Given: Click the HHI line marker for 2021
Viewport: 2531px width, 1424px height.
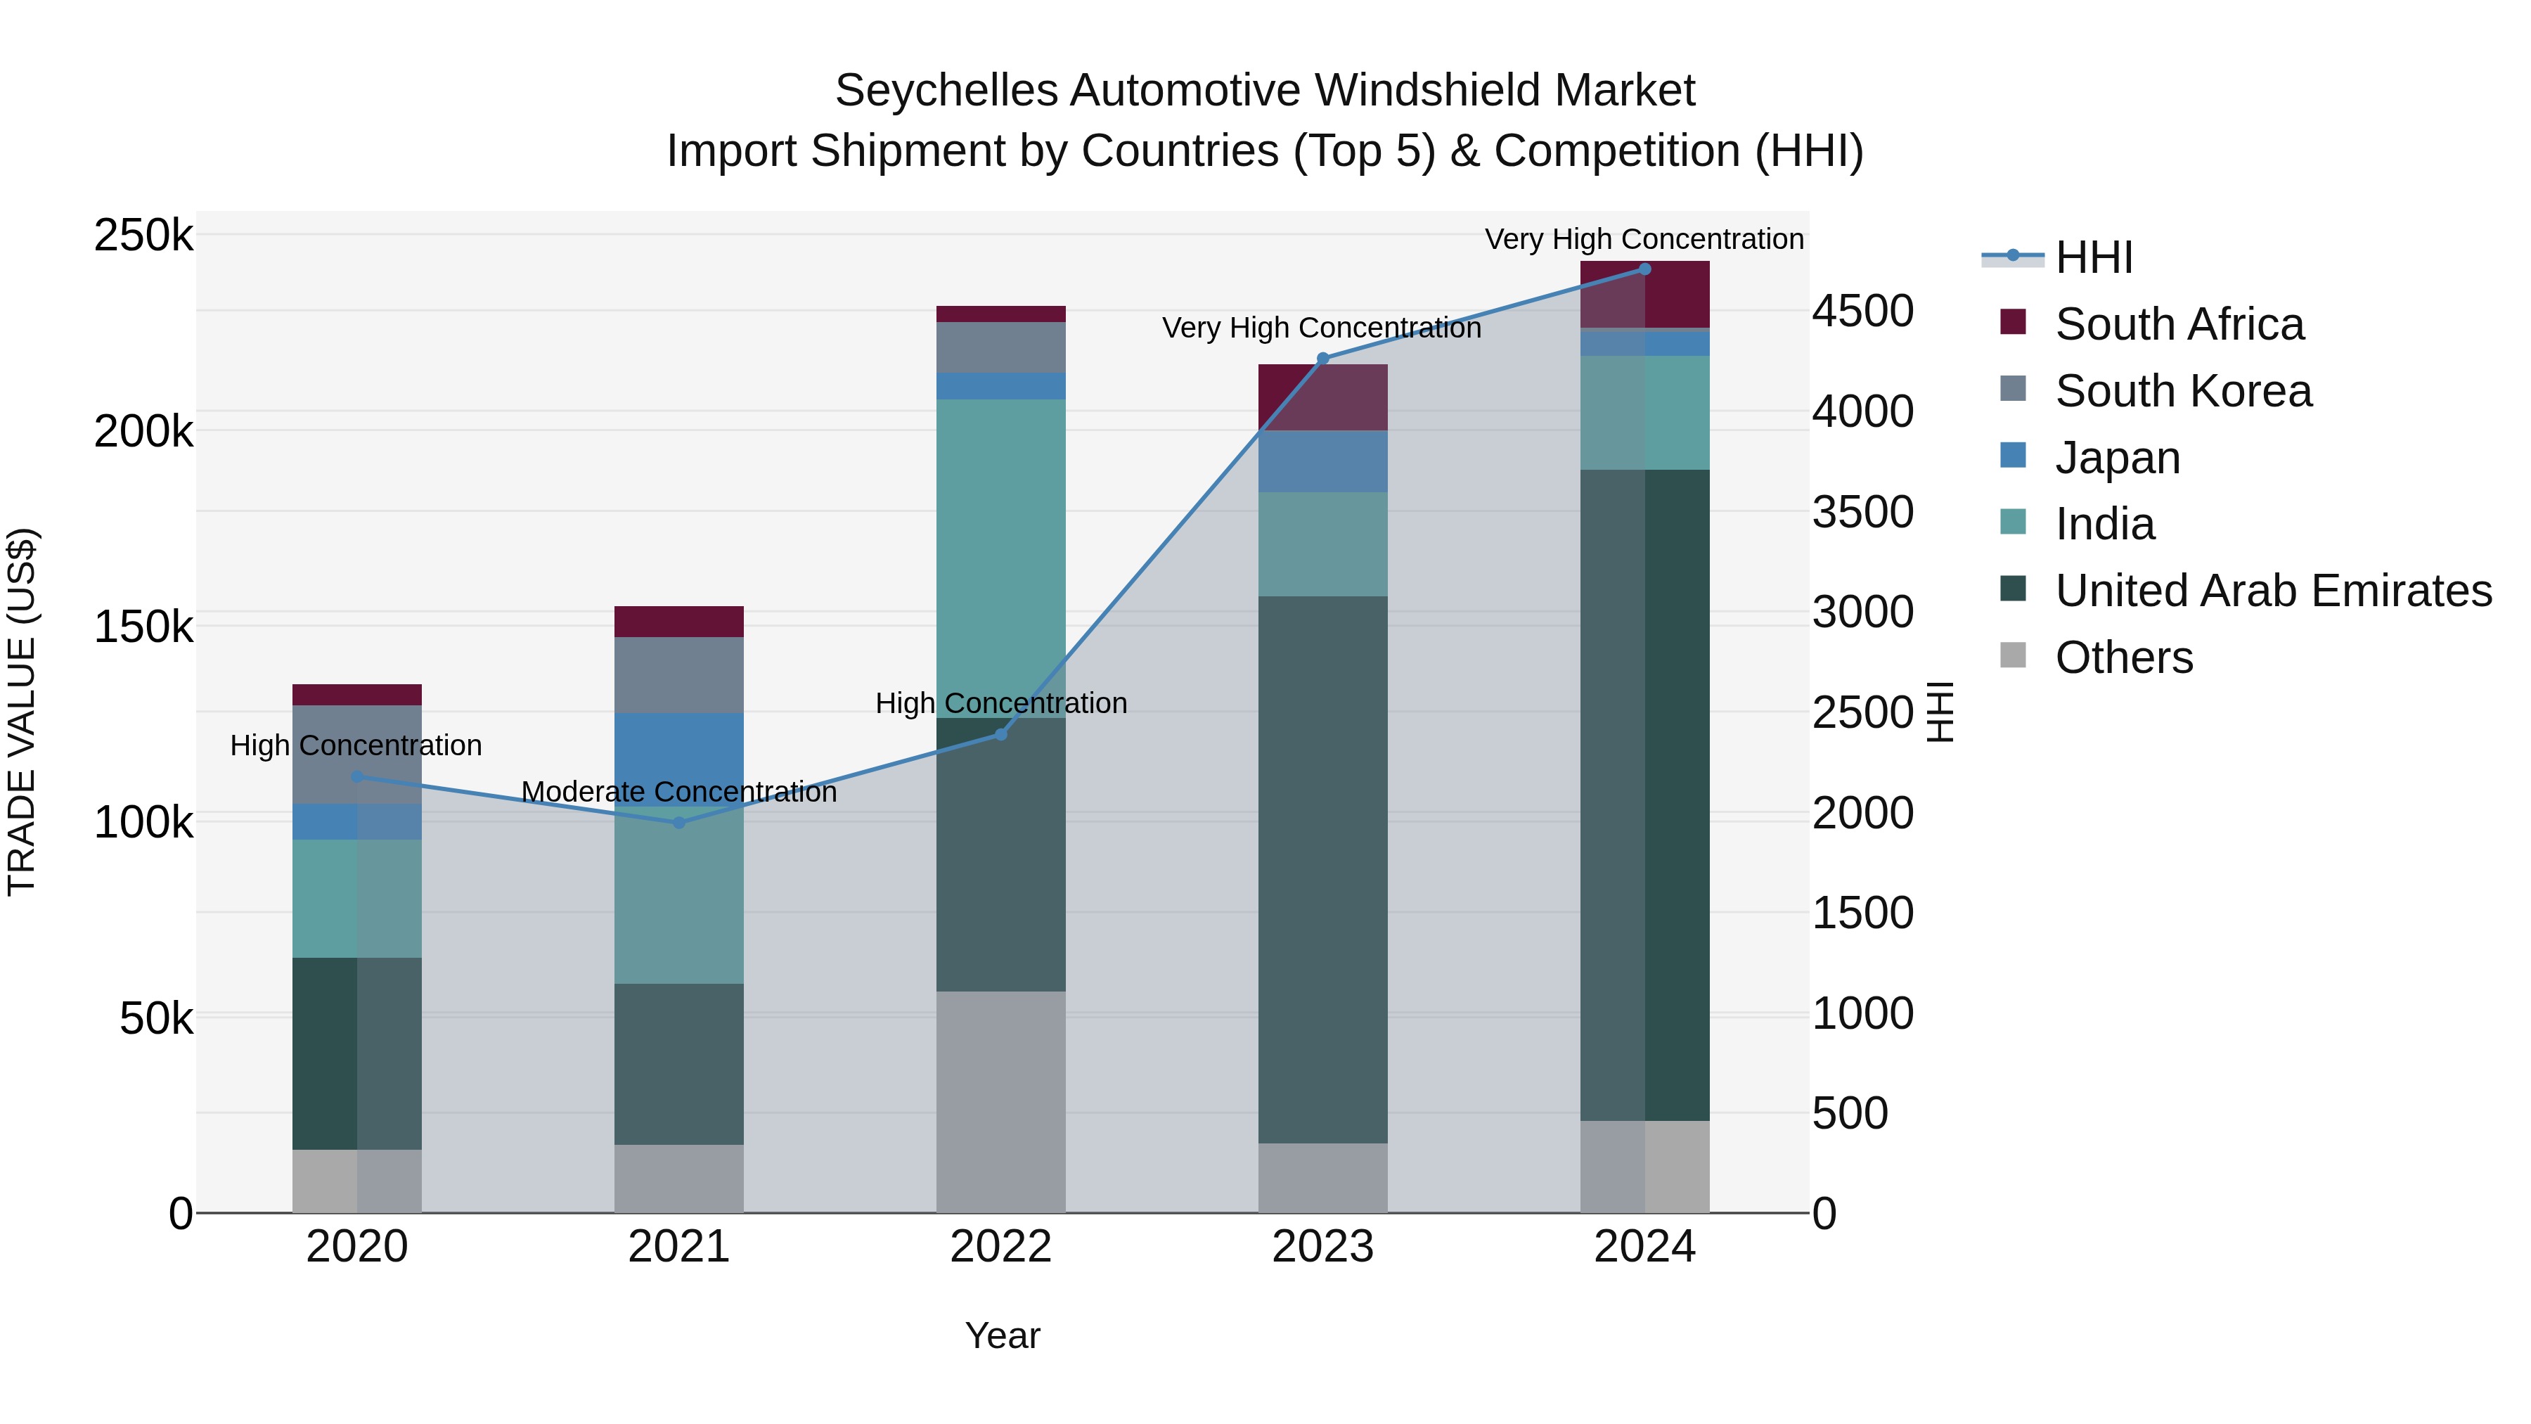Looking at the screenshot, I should (679, 823).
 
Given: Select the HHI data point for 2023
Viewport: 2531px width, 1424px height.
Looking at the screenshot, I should (1322, 359).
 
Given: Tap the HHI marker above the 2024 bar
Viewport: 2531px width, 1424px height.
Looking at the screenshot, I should (1644, 269).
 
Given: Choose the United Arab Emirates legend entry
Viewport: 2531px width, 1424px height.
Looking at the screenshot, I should (2272, 591).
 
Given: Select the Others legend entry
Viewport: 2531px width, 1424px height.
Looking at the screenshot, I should (2123, 658).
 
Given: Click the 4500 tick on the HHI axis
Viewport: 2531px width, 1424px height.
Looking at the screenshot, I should (1862, 312).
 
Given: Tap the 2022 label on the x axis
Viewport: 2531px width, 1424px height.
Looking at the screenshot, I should (1000, 1247).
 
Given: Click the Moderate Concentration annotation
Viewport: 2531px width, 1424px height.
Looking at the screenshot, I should (679, 791).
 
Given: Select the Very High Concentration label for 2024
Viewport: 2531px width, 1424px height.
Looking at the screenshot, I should (1644, 239).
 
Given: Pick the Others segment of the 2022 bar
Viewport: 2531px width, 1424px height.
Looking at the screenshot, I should (1000, 1101).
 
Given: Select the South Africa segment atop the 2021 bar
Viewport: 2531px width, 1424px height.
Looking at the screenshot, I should (679, 621).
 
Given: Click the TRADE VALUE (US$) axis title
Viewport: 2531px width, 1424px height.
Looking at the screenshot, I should (22, 712).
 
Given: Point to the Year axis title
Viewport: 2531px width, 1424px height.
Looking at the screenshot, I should (1002, 1335).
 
